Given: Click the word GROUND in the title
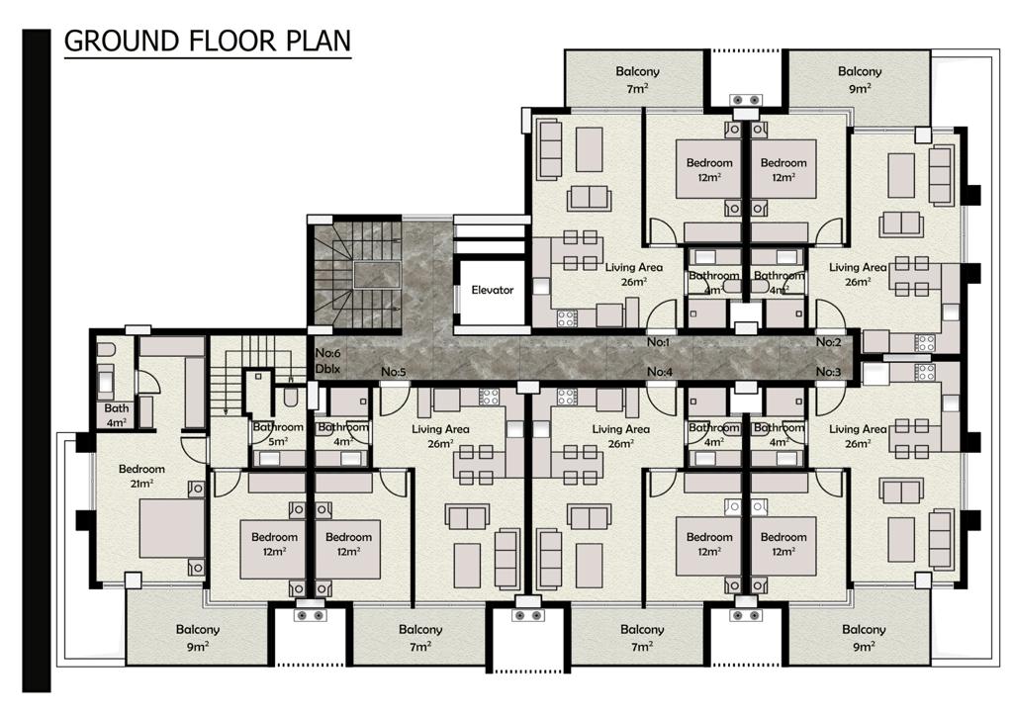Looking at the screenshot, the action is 122,41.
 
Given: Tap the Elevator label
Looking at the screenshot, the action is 493,290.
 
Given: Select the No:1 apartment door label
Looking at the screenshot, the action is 659,342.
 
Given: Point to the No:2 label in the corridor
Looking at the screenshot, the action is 828,342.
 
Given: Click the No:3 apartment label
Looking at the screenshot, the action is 828,372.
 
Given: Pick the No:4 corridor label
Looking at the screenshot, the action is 660,372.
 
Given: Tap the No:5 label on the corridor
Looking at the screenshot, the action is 394,372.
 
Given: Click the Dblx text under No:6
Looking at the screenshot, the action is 327,369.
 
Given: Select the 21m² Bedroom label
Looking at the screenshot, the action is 141,477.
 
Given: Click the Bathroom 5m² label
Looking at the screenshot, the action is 278,434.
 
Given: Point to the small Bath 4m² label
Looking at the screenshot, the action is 117,415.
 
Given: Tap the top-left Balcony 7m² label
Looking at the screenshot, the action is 637,80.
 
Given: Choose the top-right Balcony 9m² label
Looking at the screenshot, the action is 860,80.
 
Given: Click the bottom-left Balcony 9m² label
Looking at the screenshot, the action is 198,637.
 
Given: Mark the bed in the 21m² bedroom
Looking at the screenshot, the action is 172,529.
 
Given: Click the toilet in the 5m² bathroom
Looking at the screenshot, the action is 291,397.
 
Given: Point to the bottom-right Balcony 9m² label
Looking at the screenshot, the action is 864,637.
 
